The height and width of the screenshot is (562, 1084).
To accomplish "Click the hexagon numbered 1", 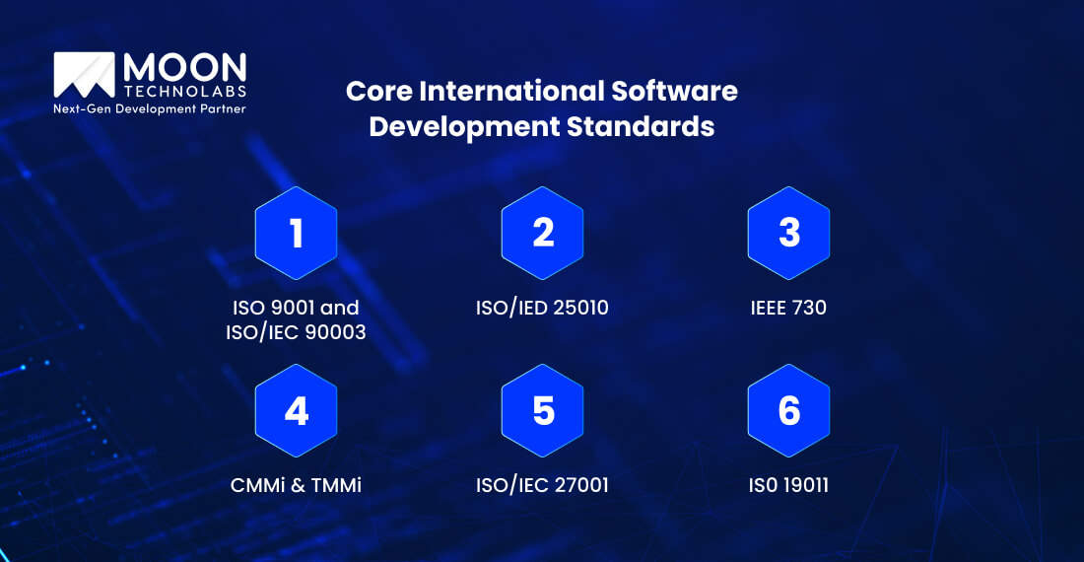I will pyautogui.click(x=296, y=233).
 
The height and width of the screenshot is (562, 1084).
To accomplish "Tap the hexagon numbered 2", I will pyautogui.click(x=542, y=233).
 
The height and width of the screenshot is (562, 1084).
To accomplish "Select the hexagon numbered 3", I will pyautogui.click(x=788, y=233).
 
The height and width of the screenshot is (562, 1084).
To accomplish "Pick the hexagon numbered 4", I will pyautogui.click(x=296, y=410).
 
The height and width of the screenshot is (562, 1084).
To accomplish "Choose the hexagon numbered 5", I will pyautogui.click(x=542, y=410).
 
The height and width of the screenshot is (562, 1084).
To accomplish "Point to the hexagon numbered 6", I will pyautogui.click(x=788, y=410).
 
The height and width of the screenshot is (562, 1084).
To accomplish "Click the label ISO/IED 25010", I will pyautogui.click(x=542, y=308).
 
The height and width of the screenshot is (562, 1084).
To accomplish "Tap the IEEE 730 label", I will pyautogui.click(x=788, y=308).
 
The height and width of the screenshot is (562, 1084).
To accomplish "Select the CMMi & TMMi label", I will pyautogui.click(x=296, y=485).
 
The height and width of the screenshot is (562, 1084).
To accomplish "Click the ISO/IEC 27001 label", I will pyautogui.click(x=542, y=485).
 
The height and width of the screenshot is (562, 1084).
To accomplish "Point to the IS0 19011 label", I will pyautogui.click(x=788, y=485).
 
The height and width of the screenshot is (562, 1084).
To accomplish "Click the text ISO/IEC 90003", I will pyautogui.click(x=296, y=333).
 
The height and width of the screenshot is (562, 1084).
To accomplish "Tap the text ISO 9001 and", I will pyautogui.click(x=296, y=308).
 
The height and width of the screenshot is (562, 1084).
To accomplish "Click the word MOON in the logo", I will pyautogui.click(x=184, y=67).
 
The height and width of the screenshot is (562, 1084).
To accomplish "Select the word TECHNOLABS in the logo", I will pyautogui.click(x=184, y=92).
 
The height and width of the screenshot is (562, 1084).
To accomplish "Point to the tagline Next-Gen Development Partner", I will pyautogui.click(x=149, y=108).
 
